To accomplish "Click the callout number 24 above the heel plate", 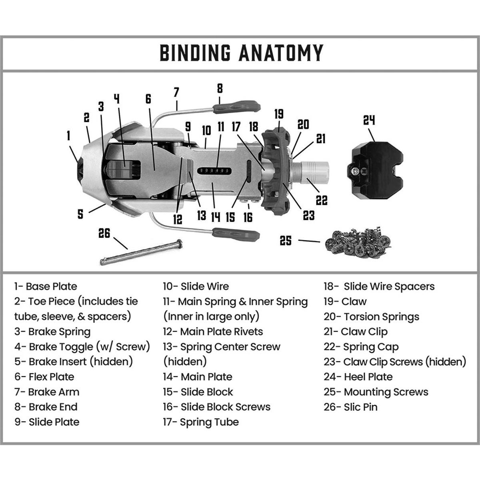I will click(x=369, y=120).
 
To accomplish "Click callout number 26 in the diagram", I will click(x=104, y=233).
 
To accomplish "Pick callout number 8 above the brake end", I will click(x=220, y=88).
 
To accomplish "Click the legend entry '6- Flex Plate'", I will click(x=44, y=377).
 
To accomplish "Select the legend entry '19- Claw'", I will click(x=345, y=302).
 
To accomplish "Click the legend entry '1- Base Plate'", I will click(x=46, y=286).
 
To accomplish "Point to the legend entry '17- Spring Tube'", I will click(x=201, y=422).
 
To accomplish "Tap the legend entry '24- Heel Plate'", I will click(x=358, y=377).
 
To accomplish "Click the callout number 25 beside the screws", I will click(x=286, y=240).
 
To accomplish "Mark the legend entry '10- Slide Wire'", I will click(x=196, y=286).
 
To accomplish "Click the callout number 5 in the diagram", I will click(x=80, y=214).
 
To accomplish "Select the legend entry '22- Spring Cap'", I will click(x=361, y=347).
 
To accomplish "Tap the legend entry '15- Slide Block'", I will click(x=198, y=392).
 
